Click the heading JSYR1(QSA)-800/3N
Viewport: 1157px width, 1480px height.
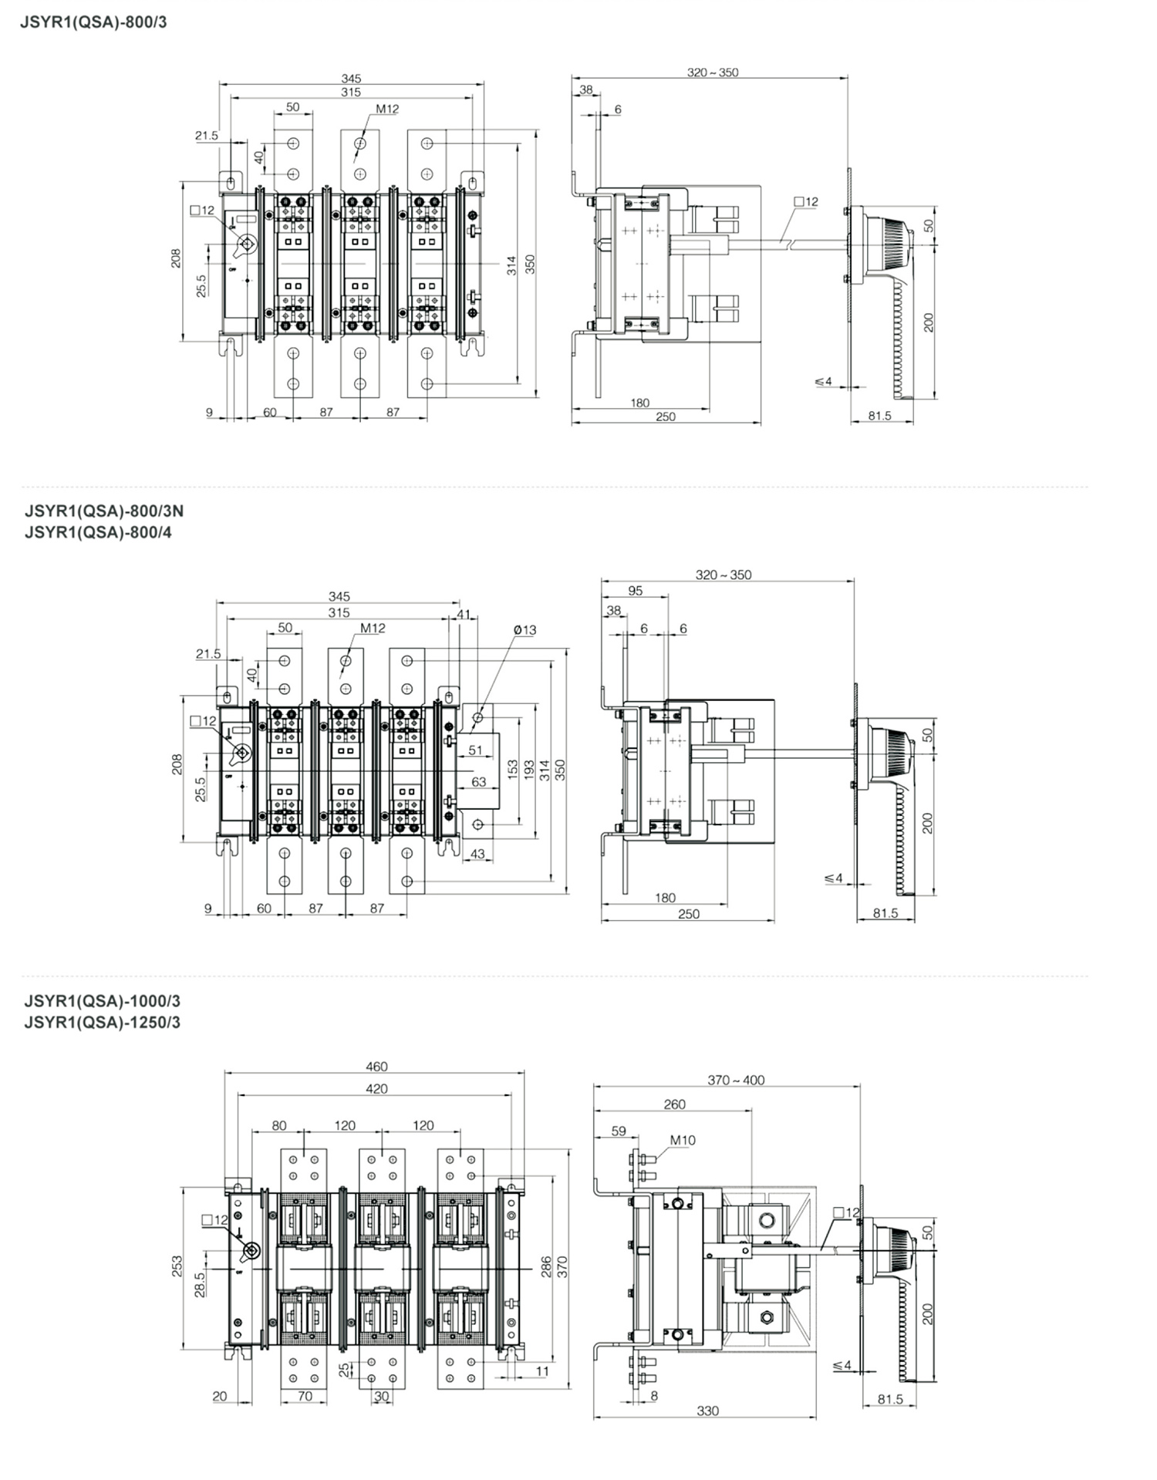104,511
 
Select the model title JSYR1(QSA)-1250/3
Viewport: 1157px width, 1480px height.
103,1022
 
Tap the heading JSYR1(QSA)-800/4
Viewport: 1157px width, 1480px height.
98,532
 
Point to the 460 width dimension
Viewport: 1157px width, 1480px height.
376,1067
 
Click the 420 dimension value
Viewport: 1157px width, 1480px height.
376,1089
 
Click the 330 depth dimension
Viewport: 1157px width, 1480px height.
707,1411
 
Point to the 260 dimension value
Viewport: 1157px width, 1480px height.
674,1104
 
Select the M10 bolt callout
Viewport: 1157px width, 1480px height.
683,1140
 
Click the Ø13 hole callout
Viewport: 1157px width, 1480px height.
525,630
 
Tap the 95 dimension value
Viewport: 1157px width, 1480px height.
635,591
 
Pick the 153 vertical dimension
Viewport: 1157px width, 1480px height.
512,770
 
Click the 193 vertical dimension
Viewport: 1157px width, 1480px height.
528,770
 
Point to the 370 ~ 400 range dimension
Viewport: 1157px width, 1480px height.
736,1081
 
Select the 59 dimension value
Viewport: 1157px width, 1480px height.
619,1131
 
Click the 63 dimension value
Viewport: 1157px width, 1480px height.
478,782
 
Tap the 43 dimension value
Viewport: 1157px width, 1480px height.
477,854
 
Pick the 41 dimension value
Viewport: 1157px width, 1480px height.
463,615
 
